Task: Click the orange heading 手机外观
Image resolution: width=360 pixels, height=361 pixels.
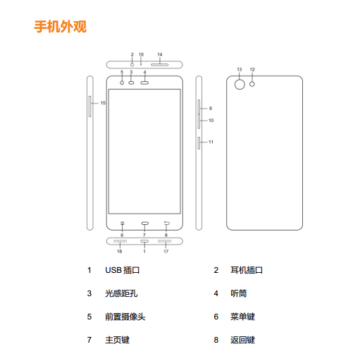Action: click(x=61, y=27)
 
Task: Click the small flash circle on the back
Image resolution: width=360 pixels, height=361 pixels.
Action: click(x=252, y=84)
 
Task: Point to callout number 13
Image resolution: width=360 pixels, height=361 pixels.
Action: click(x=240, y=70)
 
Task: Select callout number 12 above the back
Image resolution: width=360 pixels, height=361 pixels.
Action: click(x=252, y=70)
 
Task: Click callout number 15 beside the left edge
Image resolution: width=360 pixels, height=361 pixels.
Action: click(x=103, y=103)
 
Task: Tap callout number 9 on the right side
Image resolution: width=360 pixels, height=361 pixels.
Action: click(x=211, y=109)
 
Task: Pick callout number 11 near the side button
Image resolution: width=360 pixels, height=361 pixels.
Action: click(x=211, y=142)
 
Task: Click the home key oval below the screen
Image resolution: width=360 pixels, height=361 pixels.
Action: click(x=145, y=223)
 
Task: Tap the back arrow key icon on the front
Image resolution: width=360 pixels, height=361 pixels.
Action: click(x=166, y=223)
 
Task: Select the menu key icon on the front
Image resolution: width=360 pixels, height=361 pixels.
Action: click(x=122, y=223)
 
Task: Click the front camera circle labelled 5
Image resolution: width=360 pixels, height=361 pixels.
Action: click(x=122, y=82)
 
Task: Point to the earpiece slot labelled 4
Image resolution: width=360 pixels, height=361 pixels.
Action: click(x=144, y=82)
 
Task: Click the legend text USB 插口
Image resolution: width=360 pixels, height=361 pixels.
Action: click(x=123, y=270)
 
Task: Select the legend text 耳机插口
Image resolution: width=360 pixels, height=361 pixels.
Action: click(x=247, y=270)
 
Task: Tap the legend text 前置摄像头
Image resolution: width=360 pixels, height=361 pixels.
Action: click(x=125, y=317)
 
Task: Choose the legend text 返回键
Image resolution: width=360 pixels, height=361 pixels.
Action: click(x=242, y=340)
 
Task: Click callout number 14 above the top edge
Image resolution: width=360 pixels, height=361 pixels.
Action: click(x=160, y=54)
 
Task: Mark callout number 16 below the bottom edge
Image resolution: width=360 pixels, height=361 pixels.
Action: click(x=120, y=252)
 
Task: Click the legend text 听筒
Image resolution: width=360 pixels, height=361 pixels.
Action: click(x=239, y=293)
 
